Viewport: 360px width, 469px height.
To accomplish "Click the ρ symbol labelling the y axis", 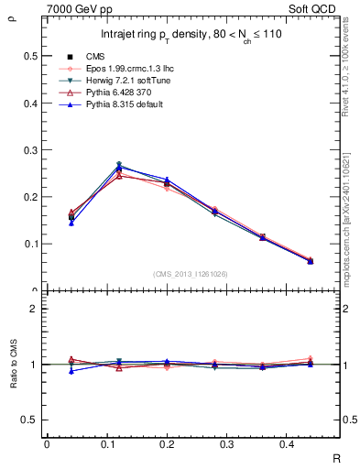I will (x=10, y=14).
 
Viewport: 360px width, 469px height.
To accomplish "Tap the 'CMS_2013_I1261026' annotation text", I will (x=191, y=274).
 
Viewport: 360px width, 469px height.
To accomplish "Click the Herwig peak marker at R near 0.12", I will (x=119, y=165).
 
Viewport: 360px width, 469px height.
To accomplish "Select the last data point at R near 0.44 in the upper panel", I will (x=310, y=261).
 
